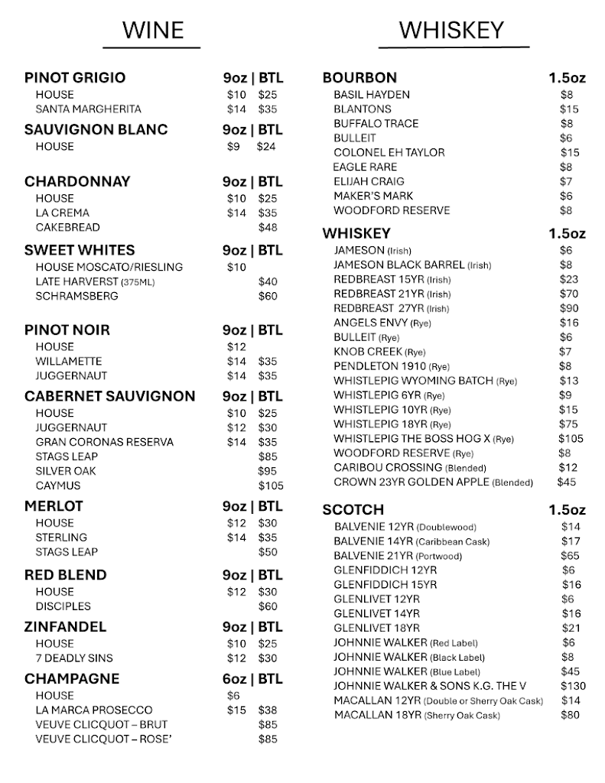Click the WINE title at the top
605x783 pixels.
click(x=153, y=30)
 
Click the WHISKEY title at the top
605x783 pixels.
click(x=451, y=30)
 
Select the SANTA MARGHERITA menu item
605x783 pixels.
click(x=88, y=109)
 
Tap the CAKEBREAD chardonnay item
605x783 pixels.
click(x=67, y=227)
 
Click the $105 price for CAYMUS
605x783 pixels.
click(x=270, y=486)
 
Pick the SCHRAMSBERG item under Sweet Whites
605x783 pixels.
click(x=76, y=296)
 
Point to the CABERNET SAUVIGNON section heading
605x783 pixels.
click(x=109, y=396)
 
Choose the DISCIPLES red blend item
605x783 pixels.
click(x=63, y=606)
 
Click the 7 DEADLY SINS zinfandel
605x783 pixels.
click(x=73, y=658)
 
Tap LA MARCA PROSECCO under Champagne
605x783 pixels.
click(x=93, y=710)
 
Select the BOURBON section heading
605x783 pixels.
click(x=359, y=78)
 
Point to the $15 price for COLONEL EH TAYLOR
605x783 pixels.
click(x=569, y=153)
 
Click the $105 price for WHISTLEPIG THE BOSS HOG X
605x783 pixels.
click(x=570, y=439)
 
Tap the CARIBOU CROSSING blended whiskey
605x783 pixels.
click(x=410, y=468)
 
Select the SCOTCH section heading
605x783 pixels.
click(x=353, y=510)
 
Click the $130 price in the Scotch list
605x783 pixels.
click(x=573, y=687)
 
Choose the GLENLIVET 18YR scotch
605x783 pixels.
click(x=376, y=629)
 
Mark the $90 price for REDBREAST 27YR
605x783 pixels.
click(x=569, y=308)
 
